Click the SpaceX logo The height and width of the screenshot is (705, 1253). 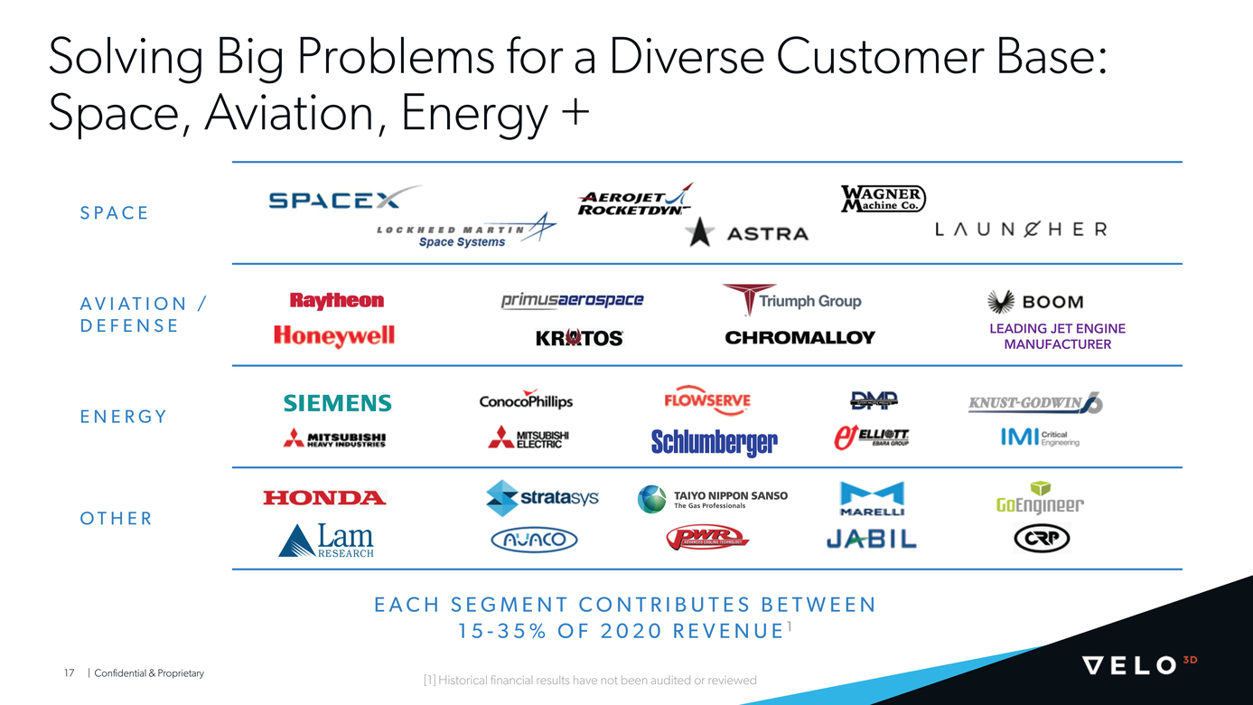coord(343,199)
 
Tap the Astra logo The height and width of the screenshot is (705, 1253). coord(747,233)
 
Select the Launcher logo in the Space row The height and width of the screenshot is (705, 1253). coord(1020,230)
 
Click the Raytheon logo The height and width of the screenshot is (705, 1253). coord(337,301)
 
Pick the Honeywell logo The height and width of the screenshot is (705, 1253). coord(334,336)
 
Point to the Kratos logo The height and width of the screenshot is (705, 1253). coord(579,338)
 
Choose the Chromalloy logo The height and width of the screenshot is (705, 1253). coord(799,337)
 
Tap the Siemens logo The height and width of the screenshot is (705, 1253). coord(337,403)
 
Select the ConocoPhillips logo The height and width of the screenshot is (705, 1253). coord(526,401)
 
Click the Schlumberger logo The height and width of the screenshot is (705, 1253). coord(714,442)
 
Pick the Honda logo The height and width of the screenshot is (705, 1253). coord(324,497)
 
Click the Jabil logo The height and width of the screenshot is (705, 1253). coord(871,540)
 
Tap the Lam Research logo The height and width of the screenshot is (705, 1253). coord(326,541)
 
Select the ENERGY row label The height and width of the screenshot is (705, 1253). coord(124,417)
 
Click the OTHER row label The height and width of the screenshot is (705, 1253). coord(117,519)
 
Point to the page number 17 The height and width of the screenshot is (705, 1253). coord(69,673)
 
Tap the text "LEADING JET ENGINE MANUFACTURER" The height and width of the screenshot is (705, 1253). coord(1057,336)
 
